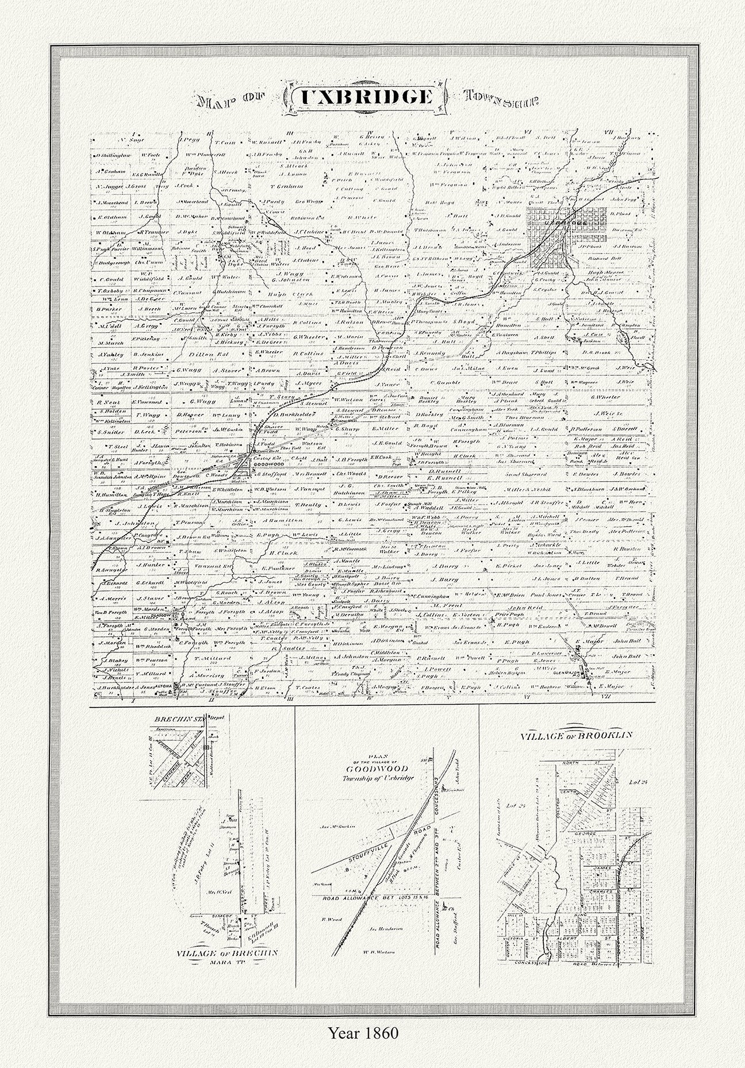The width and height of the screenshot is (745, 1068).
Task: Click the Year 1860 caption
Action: pos(363,1049)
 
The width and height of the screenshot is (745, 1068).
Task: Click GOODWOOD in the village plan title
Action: pos(377,769)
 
